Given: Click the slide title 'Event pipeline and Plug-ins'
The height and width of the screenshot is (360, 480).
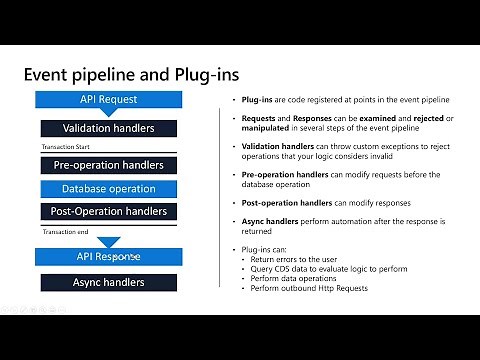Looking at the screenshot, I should point(131,75).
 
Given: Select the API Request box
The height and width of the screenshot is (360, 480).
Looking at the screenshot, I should point(108,100).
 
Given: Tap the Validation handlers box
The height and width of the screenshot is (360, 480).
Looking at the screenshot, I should point(108,129).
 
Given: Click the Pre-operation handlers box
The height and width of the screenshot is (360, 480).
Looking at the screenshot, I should point(108,165).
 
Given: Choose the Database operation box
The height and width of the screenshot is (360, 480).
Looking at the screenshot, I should point(108,188).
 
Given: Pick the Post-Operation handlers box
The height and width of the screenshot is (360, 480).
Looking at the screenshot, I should point(108,211).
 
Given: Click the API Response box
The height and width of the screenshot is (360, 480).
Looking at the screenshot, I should point(108,257).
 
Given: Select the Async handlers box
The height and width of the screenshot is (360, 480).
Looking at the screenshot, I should point(108,282).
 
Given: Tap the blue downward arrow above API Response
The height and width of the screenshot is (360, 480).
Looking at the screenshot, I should point(108,240).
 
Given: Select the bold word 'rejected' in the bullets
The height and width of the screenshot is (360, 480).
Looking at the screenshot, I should point(411,119).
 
